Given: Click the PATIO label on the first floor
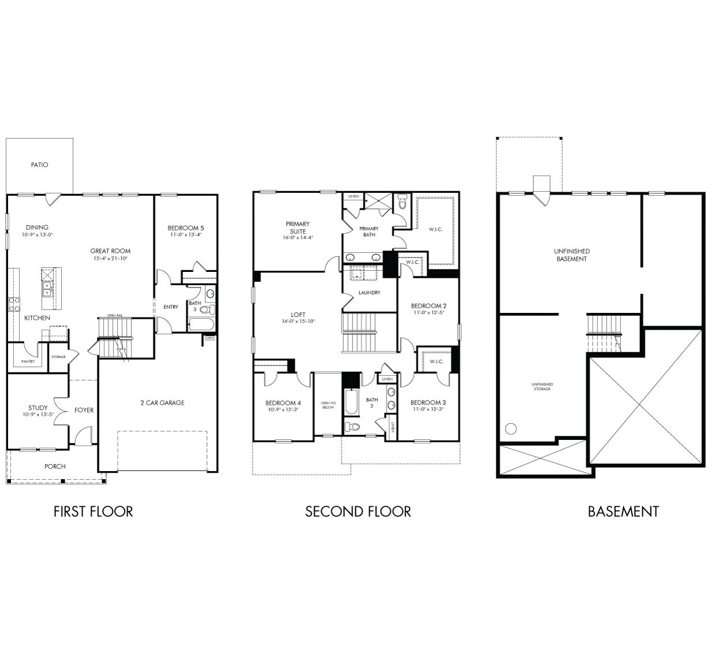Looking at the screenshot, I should point(39,165).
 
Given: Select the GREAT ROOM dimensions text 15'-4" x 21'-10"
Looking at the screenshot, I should point(110,259).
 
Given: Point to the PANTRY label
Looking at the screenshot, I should point(28,361).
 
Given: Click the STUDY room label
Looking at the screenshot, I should point(38,408).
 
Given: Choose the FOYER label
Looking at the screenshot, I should point(84,410).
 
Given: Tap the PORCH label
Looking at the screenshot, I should point(55,466).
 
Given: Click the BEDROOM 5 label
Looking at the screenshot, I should point(186,227).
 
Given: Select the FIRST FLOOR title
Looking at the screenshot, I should point(93,512).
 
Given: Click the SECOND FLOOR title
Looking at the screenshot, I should point(358,512).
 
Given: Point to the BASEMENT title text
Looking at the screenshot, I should point(623,512).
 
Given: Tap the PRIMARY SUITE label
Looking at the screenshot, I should point(298,227).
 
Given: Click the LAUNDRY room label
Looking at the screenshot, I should point(369,293).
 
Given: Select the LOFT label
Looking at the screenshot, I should point(298,315).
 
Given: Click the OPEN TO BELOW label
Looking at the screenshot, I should point(327,405).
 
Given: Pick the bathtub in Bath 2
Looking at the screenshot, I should point(350,402).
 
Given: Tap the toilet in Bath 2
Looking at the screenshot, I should point(351,427).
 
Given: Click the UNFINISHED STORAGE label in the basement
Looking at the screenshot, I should point(542,386).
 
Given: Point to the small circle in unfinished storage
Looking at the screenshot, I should point(510,429).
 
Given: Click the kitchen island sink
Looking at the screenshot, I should point(47,288).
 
